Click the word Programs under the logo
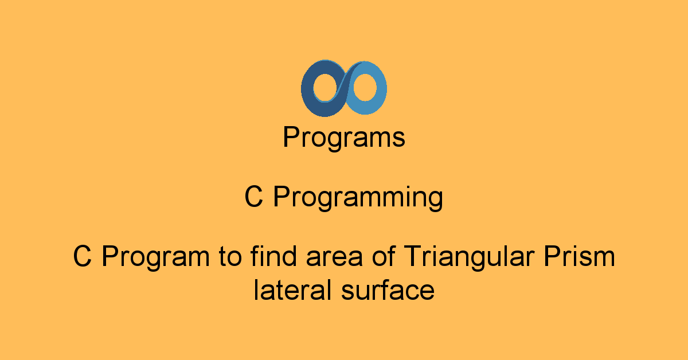click(344, 138)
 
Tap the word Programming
click(358, 198)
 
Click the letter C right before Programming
click(253, 196)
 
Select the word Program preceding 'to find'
click(155, 257)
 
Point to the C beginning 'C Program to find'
click(83, 256)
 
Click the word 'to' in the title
click(230, 256)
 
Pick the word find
click(273, 256)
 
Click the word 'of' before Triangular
click(384, 256)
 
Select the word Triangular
click(470, 257)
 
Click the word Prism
click(579, 256)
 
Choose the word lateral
click(293, 289)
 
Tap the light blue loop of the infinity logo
click(381, 89)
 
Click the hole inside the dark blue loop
click(325, 88)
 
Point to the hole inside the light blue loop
click(365, 87)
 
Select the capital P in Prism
click(553, 256)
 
